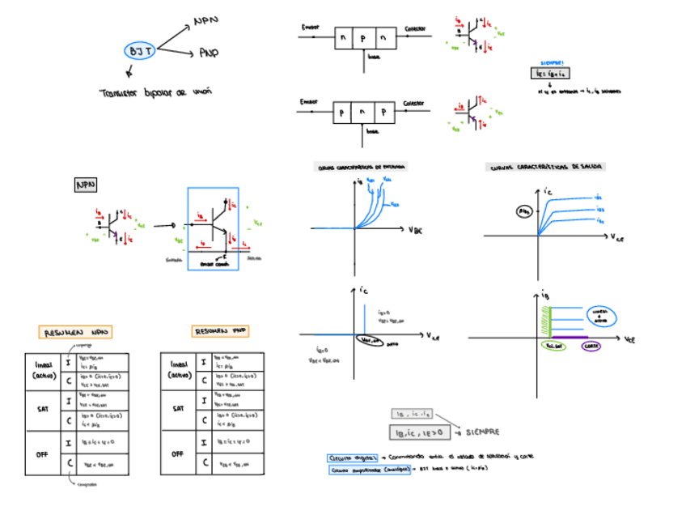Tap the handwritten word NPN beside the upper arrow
206,21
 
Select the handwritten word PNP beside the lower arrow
208,53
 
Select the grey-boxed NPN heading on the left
86,185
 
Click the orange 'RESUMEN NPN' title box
75,332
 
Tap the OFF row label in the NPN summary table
42,453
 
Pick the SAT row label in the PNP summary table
178,410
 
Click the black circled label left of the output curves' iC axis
525,211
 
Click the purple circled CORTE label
591,346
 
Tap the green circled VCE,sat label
554,346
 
